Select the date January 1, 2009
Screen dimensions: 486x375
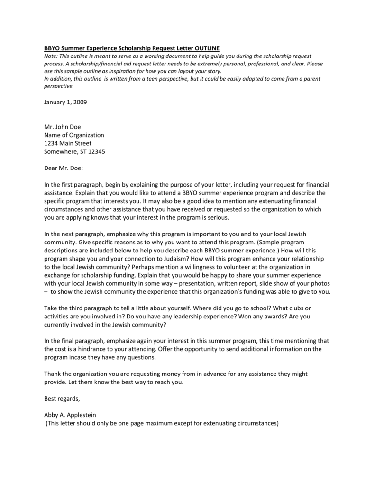click(65, 102)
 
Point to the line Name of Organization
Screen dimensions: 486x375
click(74, 135)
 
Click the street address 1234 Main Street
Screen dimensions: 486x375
click(68, 143)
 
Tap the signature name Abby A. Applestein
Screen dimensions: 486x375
click(70, 415)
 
